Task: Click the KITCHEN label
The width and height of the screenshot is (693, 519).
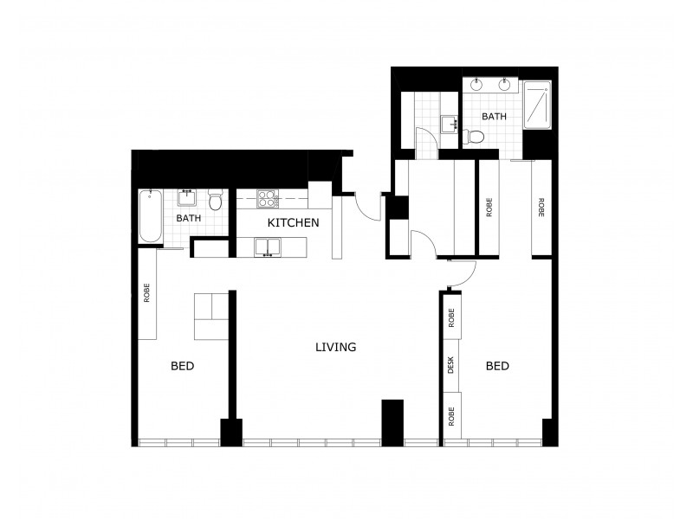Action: (293, 223)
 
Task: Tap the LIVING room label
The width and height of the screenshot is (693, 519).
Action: (335, 348)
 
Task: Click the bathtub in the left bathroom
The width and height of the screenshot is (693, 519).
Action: (149, 216)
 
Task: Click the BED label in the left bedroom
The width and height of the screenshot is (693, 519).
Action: (182, 367)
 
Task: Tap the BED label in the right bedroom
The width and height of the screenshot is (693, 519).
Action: (497, 367)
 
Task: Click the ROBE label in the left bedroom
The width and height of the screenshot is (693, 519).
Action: (147, 293)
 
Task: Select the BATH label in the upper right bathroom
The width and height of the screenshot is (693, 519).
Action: (494, 116)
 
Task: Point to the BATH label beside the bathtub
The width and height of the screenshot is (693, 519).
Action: (188, 218)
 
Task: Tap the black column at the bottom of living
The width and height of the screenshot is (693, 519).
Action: (392, 422)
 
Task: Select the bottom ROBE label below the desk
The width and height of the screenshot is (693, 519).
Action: (450, 414)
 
